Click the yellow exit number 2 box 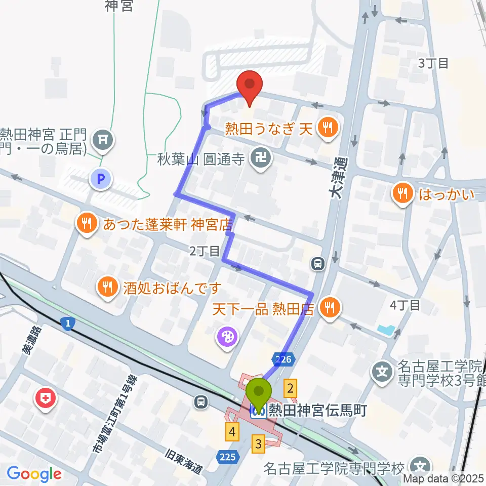[290, 388]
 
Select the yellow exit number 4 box [232, 432]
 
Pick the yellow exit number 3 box [259, 444]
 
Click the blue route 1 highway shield [66, 323]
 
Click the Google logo [34, 474]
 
